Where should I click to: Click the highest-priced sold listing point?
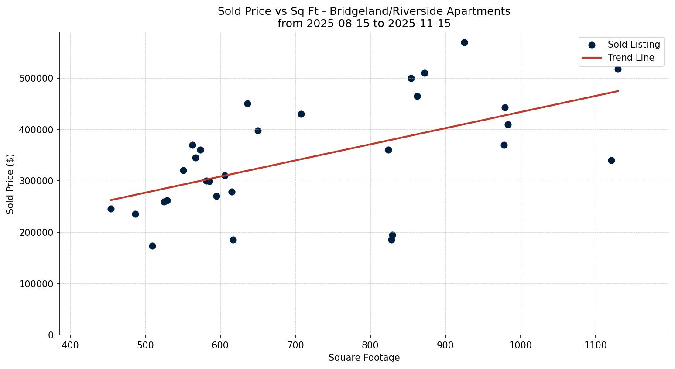[x=464, y=42]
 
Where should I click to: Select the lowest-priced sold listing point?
[x=152, y=246]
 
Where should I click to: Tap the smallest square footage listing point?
[x=111, y=209]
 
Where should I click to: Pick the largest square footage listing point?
[x=618, y=69]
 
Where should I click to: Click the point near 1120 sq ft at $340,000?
[x=611, y=160]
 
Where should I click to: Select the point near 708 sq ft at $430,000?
[x=301, y=114]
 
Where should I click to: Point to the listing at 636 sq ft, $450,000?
[x=247, y=103]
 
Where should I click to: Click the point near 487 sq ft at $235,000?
[x=135, y=214]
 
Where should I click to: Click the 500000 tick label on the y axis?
[x=37, y=79]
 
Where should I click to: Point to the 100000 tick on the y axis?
[x=37, y=284]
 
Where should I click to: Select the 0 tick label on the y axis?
[x=51, y=335]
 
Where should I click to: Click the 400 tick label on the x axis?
[x=70, y=345]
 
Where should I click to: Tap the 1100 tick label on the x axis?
[x=596, y=345]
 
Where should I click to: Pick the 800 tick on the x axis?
[x=370, y=345]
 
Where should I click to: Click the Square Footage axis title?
[x=364, y=358]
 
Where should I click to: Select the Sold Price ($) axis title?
[x=10, y=184]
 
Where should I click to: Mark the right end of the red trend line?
[x=618, y=91]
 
